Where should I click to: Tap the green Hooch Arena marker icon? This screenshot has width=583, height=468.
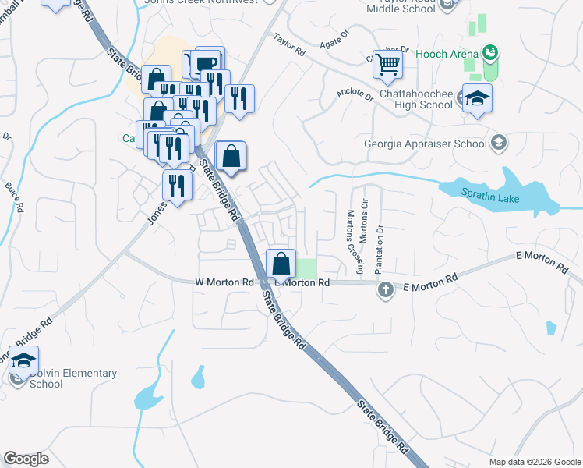click(x=490, y=53)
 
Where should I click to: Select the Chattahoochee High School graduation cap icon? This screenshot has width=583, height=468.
click(x=477, y=98)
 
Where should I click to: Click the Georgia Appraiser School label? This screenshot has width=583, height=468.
click(x=426, y=144)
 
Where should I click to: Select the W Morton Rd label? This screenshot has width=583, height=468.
click(x=224, y=282)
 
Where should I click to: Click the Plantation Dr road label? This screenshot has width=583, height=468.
click(x=380, y=249)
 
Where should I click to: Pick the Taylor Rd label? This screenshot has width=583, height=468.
click(x=289, y=44)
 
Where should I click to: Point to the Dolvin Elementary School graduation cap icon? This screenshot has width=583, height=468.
click(x=23, y=360)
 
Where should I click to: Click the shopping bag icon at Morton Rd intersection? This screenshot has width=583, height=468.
click(x=281, y=263)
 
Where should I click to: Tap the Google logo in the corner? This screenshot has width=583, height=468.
click(x=26, y=459)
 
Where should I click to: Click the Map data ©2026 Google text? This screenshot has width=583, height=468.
click(x=534, y=462)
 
